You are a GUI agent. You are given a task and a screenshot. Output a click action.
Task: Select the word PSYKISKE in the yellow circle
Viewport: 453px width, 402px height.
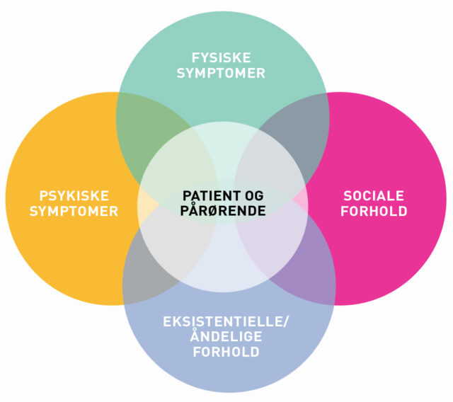point(69,195)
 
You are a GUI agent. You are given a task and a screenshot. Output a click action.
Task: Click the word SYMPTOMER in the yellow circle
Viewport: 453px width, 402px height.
point(69,211)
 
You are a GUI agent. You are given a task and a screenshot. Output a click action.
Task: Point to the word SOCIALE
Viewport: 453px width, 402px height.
point(373,195)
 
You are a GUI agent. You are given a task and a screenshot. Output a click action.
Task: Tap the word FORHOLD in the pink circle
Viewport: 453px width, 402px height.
point(373,211)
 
